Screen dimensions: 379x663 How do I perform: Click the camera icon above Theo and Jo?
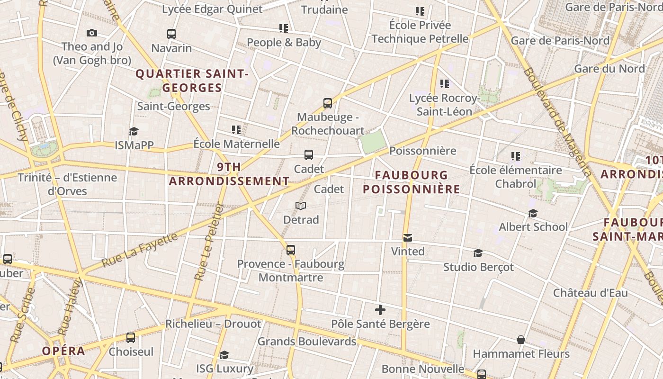tap(92, 33)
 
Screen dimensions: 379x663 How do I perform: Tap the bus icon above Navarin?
tap(171, 34)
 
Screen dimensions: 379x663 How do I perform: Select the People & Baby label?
tap(284, 42)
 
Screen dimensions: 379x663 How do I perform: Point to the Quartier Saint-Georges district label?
tap(192, 81)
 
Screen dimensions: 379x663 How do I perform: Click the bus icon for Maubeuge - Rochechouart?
tap(327, 103)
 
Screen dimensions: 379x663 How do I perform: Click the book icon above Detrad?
tap(301, 206)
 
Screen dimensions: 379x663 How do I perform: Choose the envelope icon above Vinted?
tap(408, 237)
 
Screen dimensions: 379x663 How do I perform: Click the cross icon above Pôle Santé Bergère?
tap(380, 310)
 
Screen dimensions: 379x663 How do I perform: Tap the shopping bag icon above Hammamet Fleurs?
tap(521, 340)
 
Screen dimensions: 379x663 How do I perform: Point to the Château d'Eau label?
tap(591, 293)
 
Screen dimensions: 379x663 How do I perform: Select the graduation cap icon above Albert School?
tap(533, 213)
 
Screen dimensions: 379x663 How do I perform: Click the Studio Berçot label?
tap(478, 267)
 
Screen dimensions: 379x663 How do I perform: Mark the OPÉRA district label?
tap(63, 351)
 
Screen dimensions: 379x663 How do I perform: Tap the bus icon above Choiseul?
tap(131, 338)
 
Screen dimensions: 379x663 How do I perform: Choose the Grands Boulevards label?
tap(307, 341)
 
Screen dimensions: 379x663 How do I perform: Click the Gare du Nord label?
tap(609, 69)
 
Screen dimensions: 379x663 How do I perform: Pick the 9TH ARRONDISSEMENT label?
tap(229, 174)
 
